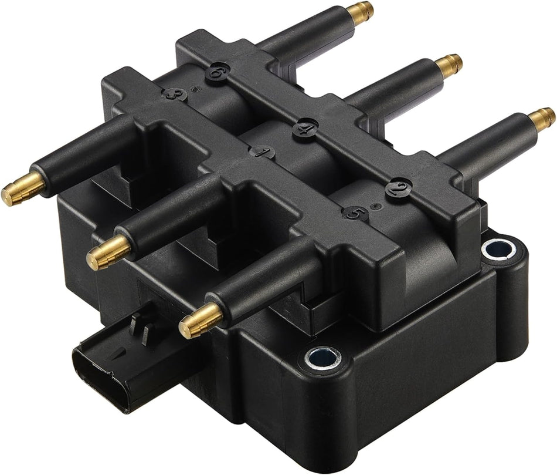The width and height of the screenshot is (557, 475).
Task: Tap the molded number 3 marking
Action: tap(174, 93)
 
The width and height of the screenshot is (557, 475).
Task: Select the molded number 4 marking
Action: tap(305, 128)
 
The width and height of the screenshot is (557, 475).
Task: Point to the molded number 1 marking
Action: tap(261, 151)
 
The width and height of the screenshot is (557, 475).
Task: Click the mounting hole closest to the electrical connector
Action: tap(322, 358)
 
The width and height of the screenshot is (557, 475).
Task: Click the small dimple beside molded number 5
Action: tap(373, 206)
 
